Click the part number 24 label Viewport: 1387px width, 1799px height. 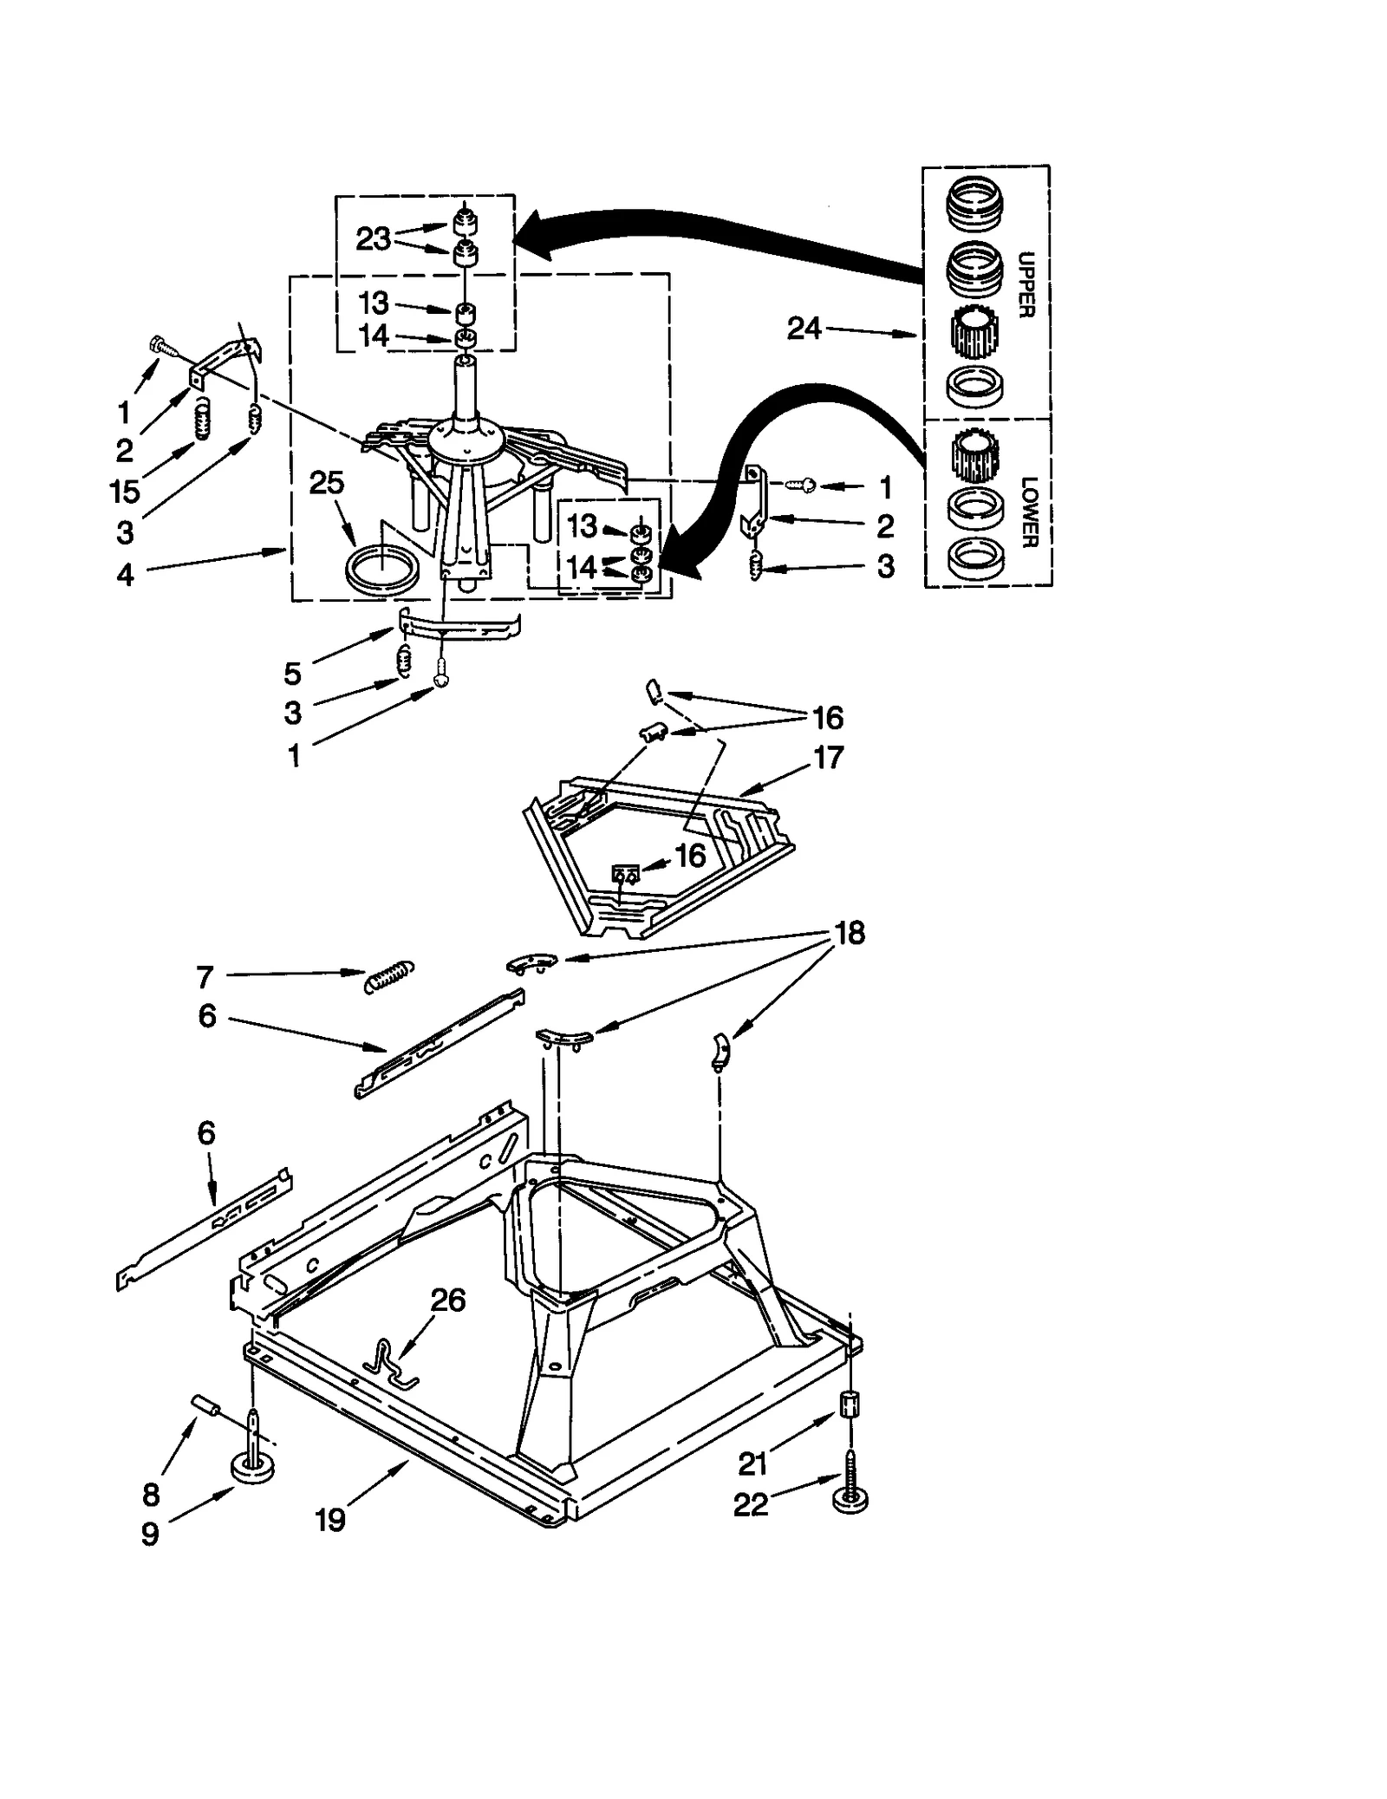click(804, 329)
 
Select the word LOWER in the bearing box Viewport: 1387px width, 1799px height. click(1028, 512)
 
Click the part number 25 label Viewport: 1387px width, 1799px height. click(327, 483)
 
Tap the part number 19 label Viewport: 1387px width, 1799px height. click(330, 1519)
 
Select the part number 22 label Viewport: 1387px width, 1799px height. click(751, 1505)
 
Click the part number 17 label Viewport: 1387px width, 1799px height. click(828, 757)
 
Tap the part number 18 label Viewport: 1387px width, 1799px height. click(850, 933)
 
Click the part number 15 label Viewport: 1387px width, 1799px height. click(125, 491)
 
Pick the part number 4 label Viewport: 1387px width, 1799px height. click(126, 575)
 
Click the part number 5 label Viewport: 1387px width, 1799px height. click(293, 673)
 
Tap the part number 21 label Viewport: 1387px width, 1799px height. click(752, 1463)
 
